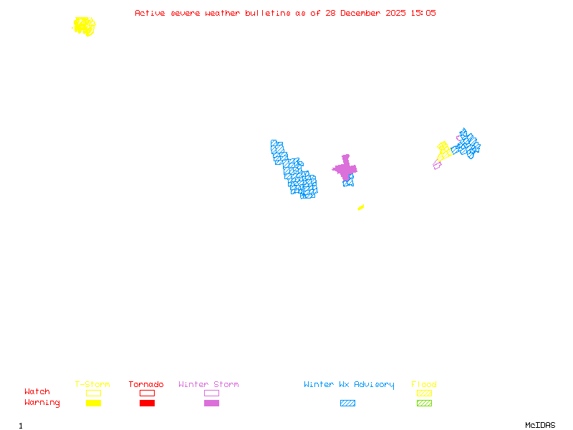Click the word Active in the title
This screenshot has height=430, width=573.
(150, 13)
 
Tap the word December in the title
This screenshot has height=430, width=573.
(365, 13)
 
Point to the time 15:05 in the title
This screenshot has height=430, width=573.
(423, 13)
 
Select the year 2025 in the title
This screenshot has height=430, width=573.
(396, 13)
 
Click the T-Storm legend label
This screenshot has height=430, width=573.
(92, 385)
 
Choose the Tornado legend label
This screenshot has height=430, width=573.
(146, 385)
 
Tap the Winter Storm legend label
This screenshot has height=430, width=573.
(208, 385)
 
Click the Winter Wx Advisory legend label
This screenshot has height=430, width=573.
(349, 385)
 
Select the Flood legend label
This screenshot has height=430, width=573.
(424, 385)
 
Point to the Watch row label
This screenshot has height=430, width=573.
(37, 392)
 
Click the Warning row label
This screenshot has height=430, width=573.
(42, 403)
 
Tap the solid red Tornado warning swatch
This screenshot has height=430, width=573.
(147, 403)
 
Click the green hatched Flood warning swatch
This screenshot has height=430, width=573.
(424, 403)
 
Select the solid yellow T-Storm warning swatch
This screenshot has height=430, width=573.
(93, 403)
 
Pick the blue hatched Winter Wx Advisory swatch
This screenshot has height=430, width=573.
(347, 403)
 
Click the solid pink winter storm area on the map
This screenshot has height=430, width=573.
(345, 169)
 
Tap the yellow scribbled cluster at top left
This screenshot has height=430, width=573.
(85, 27)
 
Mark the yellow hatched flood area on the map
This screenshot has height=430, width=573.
(443, 150)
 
